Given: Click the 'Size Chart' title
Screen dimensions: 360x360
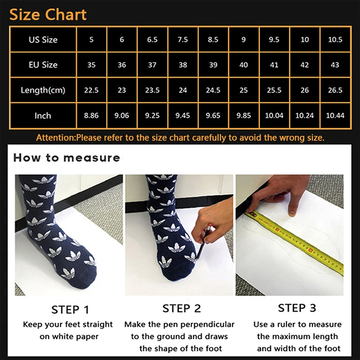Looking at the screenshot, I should (x=48, y=14).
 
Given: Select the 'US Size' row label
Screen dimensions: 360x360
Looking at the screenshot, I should (x=43, y=40).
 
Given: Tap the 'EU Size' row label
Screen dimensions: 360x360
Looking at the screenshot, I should (x=43, y=65).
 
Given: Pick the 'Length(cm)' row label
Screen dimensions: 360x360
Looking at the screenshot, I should (x=43, y=90).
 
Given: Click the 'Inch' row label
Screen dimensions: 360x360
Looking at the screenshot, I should (x=43, y=116).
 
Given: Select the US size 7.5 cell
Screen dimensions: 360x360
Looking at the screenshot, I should (x=183, y=40).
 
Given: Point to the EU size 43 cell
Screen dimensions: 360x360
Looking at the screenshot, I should (x=335, y=65).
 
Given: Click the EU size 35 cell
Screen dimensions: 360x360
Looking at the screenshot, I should (x=91, y=65).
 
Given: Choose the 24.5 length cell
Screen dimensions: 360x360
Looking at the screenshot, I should (x=213, y=90).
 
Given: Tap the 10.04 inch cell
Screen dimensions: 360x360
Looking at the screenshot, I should (x=274, y=116).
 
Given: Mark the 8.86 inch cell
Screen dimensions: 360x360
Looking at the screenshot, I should (x=91, y=116).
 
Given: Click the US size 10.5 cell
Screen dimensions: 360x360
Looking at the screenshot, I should (x=335, y=40).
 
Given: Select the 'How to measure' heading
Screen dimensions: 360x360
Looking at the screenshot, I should (x=67, y=157).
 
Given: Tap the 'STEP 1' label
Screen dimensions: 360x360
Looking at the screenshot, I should (x=70, y=310).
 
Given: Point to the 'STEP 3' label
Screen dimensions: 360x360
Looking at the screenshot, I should (x=297, y=308).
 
